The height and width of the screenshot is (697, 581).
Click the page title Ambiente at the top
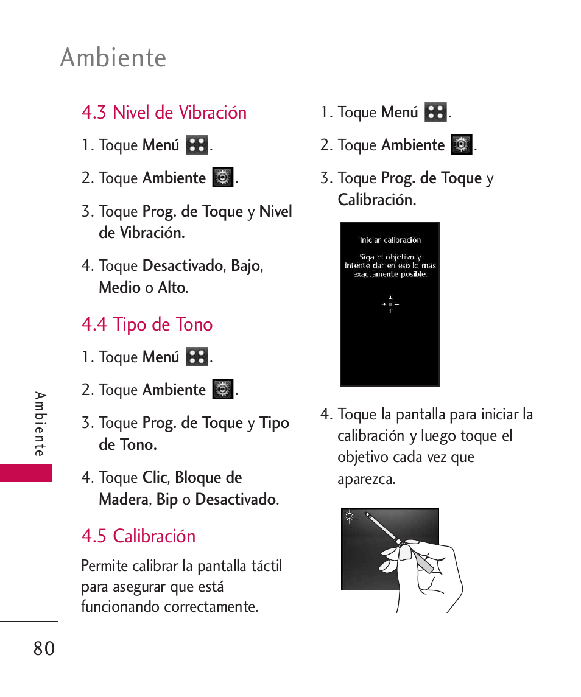(113, 58)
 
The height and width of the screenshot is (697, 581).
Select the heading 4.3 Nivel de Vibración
(164, 112)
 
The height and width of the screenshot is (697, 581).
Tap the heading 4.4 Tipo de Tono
(147, 324)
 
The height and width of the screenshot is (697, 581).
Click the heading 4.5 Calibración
(138, 536)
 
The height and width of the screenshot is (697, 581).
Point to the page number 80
(44, 649)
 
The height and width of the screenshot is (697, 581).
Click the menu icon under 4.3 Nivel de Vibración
(197, 145)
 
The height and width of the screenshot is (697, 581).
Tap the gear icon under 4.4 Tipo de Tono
(223, 389)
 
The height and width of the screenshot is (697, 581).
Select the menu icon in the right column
(435, 112)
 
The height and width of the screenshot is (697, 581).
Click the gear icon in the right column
(462, 145)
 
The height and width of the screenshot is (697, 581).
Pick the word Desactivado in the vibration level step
(182, 266)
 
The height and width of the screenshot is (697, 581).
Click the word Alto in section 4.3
(171, 287)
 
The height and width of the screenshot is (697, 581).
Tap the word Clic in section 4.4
(154, 478)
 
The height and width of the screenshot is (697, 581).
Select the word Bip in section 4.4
(167, 500)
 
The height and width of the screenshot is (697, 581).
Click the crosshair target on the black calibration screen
(390, 304)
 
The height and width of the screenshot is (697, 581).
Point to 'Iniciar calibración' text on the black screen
(390, 240)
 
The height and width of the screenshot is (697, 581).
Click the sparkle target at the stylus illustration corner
(350, 517)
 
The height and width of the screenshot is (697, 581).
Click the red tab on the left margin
(26, 473)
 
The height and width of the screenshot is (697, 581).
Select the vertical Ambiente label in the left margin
(40, 424)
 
